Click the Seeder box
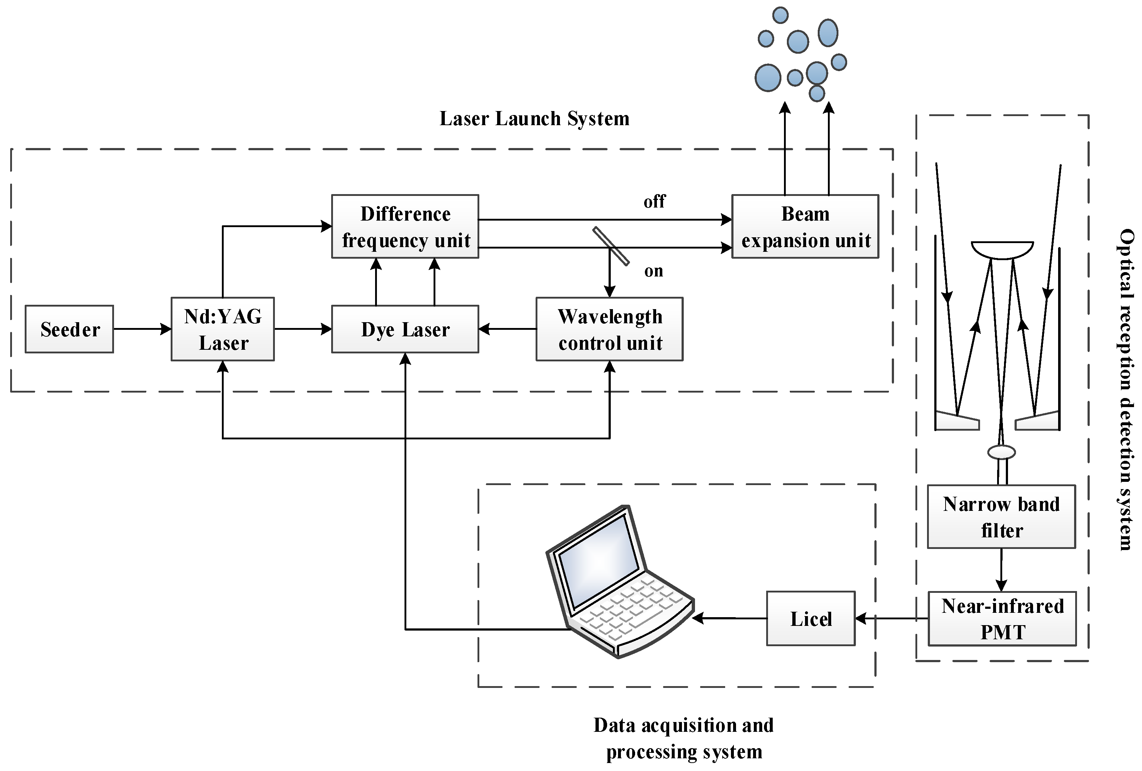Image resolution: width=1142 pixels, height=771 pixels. pyautogui.click(x=69, y=329)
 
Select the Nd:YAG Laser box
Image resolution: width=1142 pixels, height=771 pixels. pyautogui.click(x=223, y=329)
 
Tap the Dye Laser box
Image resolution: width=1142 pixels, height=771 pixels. pyautogui.click(x=405, y=329)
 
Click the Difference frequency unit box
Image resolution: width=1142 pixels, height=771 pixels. pyautogui.click(x=405, y=226)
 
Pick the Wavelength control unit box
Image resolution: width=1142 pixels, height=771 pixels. pyautogui.click(x=609, y=329)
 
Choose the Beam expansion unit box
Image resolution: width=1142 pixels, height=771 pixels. pyautogui.click(x=805, y=226)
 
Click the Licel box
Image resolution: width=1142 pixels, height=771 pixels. pyautogui.click(x=811, y=618)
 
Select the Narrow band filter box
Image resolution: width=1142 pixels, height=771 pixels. pyautogui.click(x=1001, y=517)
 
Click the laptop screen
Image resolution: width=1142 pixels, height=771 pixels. pyautogui.click(x=600, y=560)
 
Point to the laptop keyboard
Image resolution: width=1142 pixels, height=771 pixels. pyautogui.click(x=634, y=609)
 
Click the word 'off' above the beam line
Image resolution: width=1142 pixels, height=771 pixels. pyautogui.click(x=654, y=201)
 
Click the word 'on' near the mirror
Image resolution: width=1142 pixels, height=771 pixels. pyautogui.click(x=654, y=271)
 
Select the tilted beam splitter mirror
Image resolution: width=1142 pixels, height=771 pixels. pyautogui.click(x=611, y=246)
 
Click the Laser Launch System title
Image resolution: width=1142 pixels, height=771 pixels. pyautogui.click(x=534, y=119)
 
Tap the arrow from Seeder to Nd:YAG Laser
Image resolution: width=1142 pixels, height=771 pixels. pyautogui.click(x=142, y=329)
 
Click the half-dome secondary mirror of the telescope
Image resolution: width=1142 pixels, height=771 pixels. pyautogui.click(x=1003, y=250)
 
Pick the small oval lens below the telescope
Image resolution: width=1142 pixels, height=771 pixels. pyautogui.click(x=1001, y=452)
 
